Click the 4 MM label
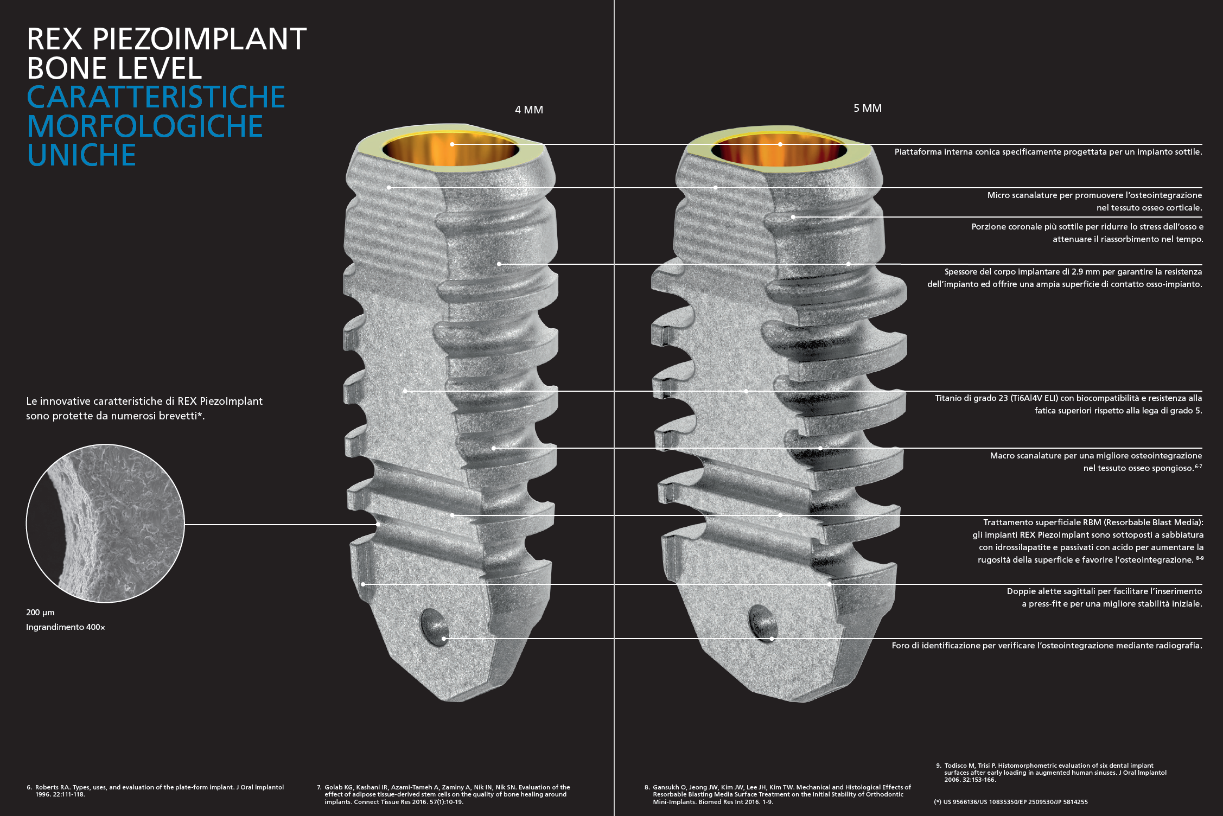click(528, 110)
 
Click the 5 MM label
click(867, 108)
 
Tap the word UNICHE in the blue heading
click(81, 155)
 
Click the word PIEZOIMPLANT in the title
click(199, 39)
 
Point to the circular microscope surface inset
click(105, 524)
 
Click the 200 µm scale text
click(40, 613)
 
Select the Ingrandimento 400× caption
click(66, 627)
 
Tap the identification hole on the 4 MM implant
click(434, 627)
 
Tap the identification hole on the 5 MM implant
click(762, 622)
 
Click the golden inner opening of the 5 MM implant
click(779, 149)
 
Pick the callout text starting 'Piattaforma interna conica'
click(1048, 152)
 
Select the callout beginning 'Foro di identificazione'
click(1047, 646)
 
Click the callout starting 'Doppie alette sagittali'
click(1104, 597)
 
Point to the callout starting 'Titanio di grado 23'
click(1068, 404)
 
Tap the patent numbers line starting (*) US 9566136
click(1011, 802)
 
